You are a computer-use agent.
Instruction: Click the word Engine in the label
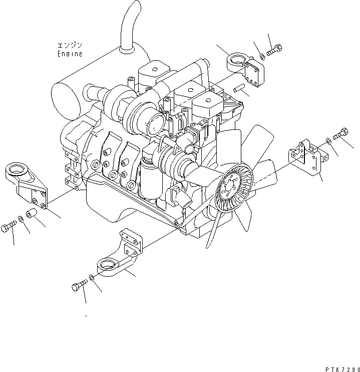[70, 54]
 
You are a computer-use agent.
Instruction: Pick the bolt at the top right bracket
[274, 50]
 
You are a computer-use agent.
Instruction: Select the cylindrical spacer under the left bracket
[32, 215]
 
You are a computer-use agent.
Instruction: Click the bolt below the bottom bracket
[78, 287]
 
